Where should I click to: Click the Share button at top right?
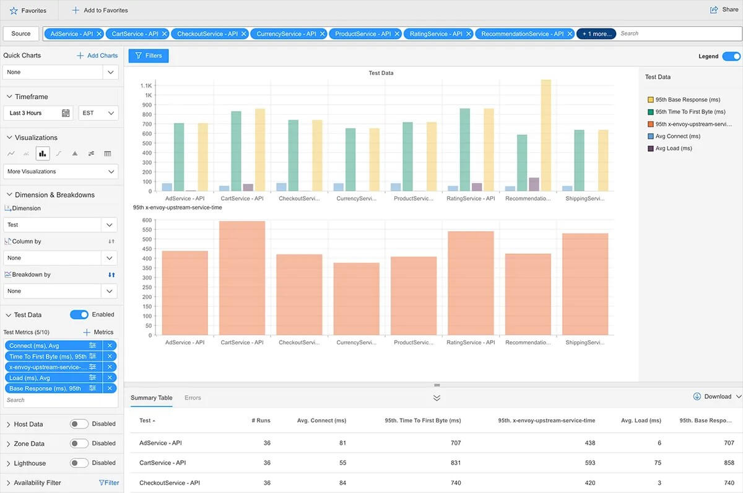pyautogui.click(x=724, y=10)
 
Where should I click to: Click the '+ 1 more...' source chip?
pyautogui.click(x=596, y=34)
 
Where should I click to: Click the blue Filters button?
pyautogui.click(x=149, y=56)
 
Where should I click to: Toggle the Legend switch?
pyautogui.click(x=731, y=56)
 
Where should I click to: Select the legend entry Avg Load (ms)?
pyautogui.click(x=674, y=149)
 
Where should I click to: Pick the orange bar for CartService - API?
pyautogui.click(x=242, y=278)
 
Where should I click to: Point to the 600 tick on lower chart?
pyautogui.click(x=147, y=220)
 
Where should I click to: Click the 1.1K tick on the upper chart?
pyautogui.click(x=146, y=85)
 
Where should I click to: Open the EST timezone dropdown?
pyautogui.click(x=98, y=113)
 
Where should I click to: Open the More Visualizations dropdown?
pyautogui.click(x=60, y=172)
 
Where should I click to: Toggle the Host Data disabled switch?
pyautogui.click(x=79, y=424)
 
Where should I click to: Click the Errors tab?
pyautogui.click(x=193, y=398)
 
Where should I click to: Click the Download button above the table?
pyautogui.click(x=713, y=396)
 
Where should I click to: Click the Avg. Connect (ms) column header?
pyautogui.click(x=321, y=421)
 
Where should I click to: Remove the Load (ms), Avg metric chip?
pyautogui.click(x=110, y=378)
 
